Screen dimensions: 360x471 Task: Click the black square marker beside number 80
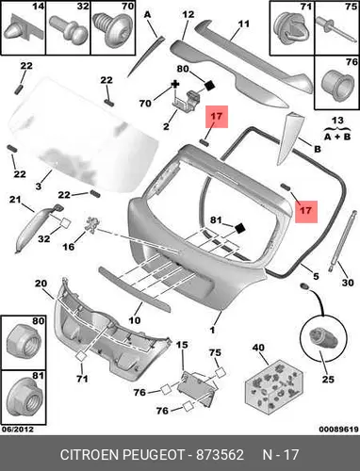(210, 85)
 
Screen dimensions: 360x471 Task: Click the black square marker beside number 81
(240, 228)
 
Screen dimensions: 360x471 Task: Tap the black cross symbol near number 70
(175, 84)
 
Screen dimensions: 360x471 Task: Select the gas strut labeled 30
(342, 242)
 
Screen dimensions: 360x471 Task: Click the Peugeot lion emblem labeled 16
(91, 225)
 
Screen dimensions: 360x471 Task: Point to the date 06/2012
(18, 429)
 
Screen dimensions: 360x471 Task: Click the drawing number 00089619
(339, 430)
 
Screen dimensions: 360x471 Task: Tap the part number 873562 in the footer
(220, 455)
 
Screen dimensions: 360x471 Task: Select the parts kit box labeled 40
(274, 387)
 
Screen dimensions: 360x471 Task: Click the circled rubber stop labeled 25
(322, 338)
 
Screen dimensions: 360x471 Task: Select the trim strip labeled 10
(135, 288)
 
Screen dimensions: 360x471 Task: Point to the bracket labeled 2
(186, 100)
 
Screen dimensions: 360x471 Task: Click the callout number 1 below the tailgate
(212, 330)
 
